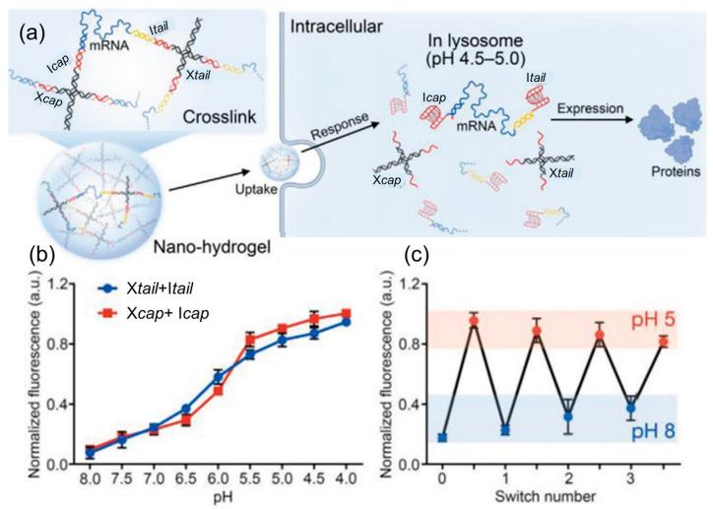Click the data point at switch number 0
(443, 437)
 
